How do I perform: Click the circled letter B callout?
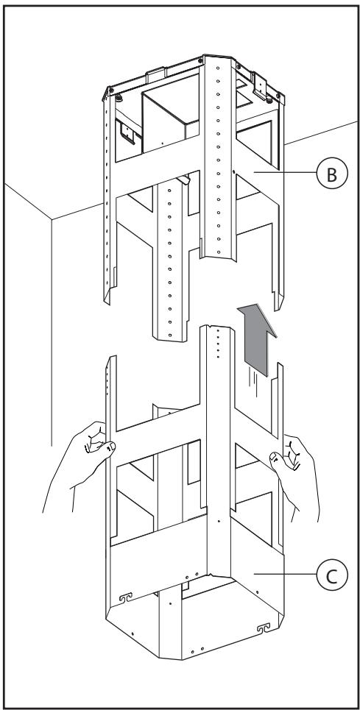[332, 172]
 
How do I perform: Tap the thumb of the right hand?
[277, 460]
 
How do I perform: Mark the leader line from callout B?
[285, 172]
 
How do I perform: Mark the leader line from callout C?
[285, 574]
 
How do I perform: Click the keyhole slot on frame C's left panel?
[125, 597]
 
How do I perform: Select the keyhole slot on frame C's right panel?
[263, 628]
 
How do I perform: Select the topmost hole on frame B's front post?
[218, 68]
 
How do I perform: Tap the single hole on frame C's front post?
[219, 521]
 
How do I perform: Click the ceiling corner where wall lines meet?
[52, 219]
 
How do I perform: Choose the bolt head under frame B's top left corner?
[119, 98]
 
